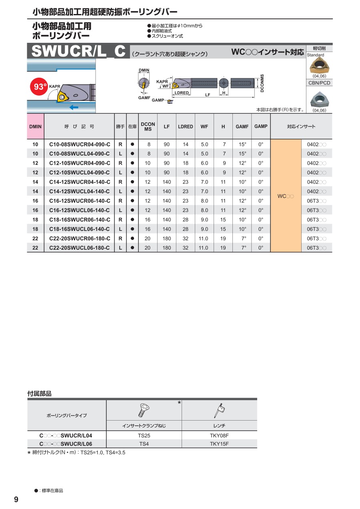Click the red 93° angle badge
[x=40, y=87]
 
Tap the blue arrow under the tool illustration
[x=74, y=107]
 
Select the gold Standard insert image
[x=319, y=65]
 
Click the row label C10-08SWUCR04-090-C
[x=79, y=144]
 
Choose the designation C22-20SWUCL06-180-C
[x=79, y=248]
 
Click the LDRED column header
[x=185, y=126]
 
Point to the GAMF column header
[x=242, y=126]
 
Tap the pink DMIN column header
[x=35, y=126]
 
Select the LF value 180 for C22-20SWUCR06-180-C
[x=167, y=238]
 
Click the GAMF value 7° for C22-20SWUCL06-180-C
[x=242, y=248]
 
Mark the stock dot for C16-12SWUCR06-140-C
[x=132, y=200]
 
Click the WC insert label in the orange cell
[x=286, y=196]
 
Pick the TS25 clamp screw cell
[x=144, y=435]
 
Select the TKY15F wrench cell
[x=219, y=444]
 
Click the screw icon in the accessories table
[x=144, y=410]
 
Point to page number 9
[x=16, y=499]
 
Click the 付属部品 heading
[x=39, y=394]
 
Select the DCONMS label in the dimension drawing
[x=262, y=84]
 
